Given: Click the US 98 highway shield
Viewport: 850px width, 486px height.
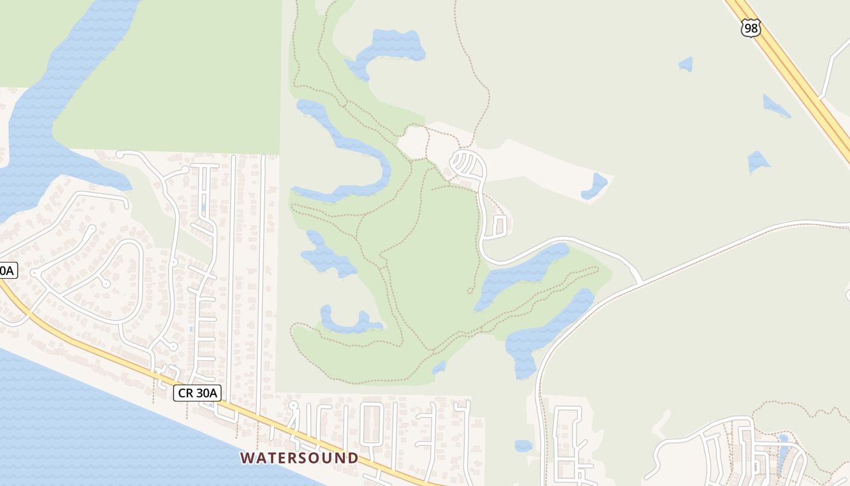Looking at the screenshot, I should pyautogui.click(x=750, y=27).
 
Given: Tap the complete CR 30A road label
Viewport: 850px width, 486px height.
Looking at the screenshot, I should pyautogui.click(x=197, y=393).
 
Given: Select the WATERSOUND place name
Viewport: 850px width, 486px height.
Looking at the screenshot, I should pyautogui.click(x=299, y=457).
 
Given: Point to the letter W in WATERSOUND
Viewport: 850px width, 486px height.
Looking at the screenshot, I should pyautogui.click(x=246, y=457).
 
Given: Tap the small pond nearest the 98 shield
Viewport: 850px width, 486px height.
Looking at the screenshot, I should pyautogui.click(x=685, y=64).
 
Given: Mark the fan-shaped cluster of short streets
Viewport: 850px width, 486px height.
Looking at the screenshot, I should pyautogui.click(x=466, y=164).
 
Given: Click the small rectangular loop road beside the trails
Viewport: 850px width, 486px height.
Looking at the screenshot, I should pyautogui.click(x=500, y=226).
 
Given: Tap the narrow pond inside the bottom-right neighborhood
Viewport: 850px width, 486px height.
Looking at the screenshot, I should pyautogui.click(x=783, y=456).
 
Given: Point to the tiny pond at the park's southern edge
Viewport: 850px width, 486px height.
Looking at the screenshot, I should pyautogui.click(x=439, y=368).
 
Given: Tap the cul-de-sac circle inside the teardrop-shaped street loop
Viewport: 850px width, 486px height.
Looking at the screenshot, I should pyautogui.click(x=106, y=283).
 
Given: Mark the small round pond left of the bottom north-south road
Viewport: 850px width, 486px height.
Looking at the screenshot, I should pyautogui.click(x=523, y=446).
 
